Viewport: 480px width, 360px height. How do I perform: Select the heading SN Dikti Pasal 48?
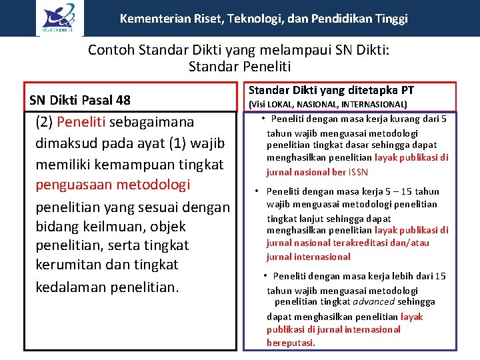(80, 100)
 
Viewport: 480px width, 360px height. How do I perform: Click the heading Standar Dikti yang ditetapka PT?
(331, 90)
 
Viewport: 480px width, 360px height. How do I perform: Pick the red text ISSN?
(357, 171)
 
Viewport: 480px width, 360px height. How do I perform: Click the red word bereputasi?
(291, 343)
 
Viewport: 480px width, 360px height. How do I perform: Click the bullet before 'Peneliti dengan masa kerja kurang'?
(264, 119)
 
